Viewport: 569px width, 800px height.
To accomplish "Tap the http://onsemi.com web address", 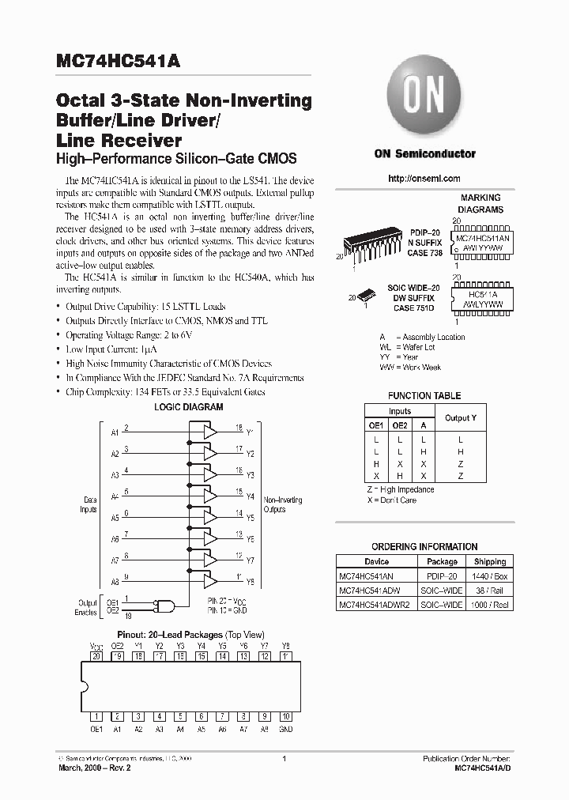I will (x=424, y=179).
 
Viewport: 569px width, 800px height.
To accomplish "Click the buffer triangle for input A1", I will (x=210, y=432).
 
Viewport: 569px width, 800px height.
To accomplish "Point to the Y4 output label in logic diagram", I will (x=251, y=497).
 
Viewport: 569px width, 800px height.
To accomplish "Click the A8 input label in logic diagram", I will (x=115, y=582).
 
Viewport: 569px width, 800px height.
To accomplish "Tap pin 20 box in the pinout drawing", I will (x=96, y=656).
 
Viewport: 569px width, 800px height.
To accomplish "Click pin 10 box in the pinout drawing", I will (x=286, y=715).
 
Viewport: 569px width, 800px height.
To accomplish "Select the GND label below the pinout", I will (x=286, y=729).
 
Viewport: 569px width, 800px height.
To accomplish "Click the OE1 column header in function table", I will (x=376, y=425).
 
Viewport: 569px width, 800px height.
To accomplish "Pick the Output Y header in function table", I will (x=461, y=417).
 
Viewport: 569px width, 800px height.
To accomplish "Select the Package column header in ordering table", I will (x=442, y=561).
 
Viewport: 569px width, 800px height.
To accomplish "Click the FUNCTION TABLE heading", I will (x=424, y=395).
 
